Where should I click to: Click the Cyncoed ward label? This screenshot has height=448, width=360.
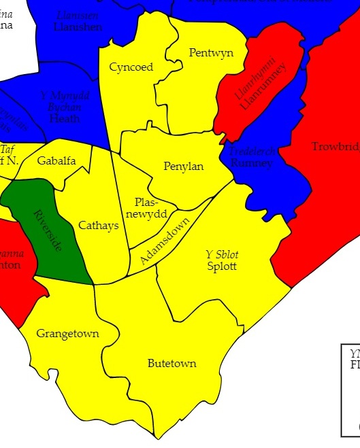[131, 67]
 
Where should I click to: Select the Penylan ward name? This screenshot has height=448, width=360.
[184, 167]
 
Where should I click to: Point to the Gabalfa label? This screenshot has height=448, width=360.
[56, 161]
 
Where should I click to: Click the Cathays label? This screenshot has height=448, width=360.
[99, 225]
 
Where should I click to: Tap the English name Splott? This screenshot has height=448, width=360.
[222, 266]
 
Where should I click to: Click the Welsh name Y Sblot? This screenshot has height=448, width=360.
[222, 254]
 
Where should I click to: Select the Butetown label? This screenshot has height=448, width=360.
[172, 364]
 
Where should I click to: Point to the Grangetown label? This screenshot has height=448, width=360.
[67, 334]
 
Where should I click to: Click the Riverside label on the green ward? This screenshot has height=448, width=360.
[47, 231]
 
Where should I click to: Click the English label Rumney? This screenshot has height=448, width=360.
[251, 162]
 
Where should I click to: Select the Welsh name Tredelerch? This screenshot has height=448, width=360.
[252, 152]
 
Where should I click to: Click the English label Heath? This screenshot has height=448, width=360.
[65, 118]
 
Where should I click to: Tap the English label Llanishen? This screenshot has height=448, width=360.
[78, 27]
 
